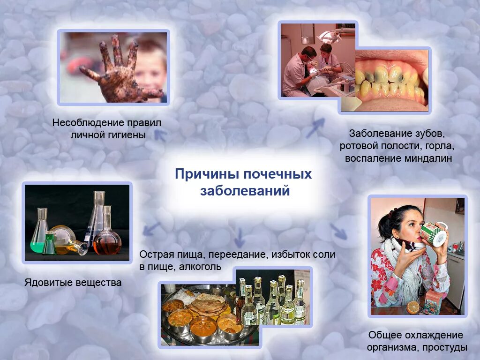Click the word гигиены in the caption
[x=127, y=135]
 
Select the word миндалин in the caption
[x=429, y=158]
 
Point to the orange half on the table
[x=413, y=307]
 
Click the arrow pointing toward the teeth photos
[x=315, y=127]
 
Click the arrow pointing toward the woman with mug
[x=338, y=231]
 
